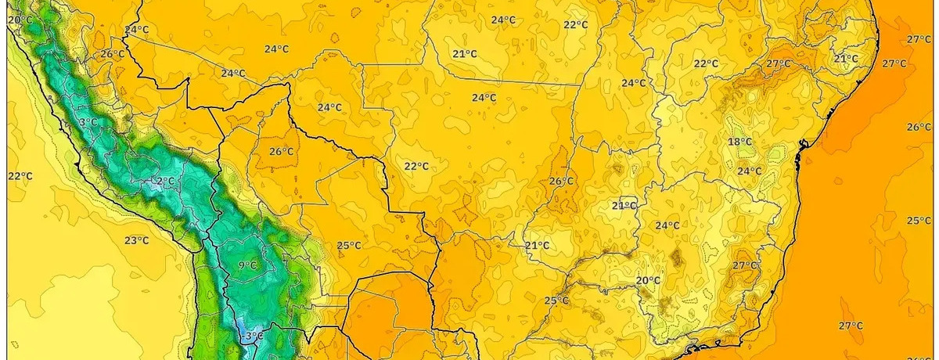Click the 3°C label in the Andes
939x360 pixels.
click(88, 122)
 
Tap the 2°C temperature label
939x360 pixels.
click(165, 181)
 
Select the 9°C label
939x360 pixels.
click(247, 265)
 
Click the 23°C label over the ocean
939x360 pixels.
click(136, 240)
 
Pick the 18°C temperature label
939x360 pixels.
click(739, 142)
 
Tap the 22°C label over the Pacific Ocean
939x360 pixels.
click(20, 176)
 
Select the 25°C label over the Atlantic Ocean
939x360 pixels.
click(918, 221)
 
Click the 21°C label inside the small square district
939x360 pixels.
click(624, 205)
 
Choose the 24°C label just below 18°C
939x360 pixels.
click(749, 171)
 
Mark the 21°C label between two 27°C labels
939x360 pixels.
click(845, 59)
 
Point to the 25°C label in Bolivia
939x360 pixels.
click(349, 245)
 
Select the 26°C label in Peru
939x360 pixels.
click(112, 54)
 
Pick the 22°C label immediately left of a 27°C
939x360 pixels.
click(706, 63)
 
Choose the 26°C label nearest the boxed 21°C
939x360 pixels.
click(561, 181)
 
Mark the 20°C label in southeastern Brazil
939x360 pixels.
click(648, 280)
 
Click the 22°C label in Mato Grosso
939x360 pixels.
click(416, 166)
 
